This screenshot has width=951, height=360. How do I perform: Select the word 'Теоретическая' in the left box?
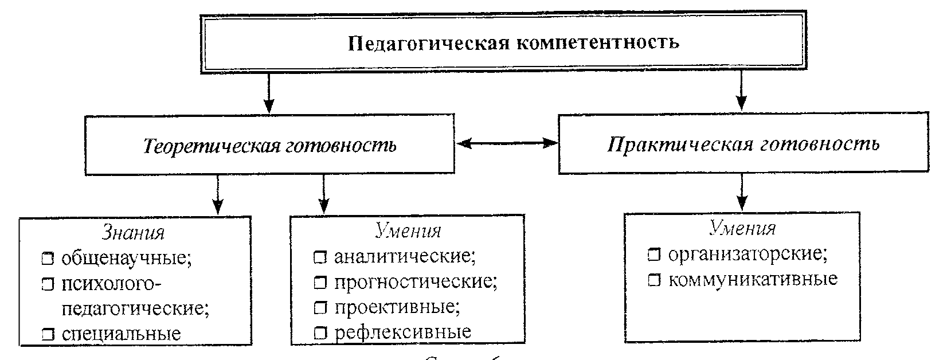pyautogui.click(x=213, y=146)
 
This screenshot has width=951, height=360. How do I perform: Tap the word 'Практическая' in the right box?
pyautogui.click(x=679, y=143)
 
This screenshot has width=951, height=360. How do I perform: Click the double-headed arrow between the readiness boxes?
pyautogui.click(x=507, y=143)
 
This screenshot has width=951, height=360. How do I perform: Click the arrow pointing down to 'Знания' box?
pyautogui.click(x=217, y=195)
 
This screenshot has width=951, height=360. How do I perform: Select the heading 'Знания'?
pyautogui.click(x=133, y=233)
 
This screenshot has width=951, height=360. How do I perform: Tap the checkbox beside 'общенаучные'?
pyautogui.click(x=48, y=259)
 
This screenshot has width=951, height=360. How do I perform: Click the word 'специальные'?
pyautogui.click(x=121, y=333)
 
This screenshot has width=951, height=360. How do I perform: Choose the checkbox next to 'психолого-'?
pyautogui.click(x=48, y=284)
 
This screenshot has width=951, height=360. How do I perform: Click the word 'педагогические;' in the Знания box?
pyautogui.click(x=135, y=308)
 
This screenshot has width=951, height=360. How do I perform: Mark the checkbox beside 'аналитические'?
pyautogui.click(x=319, y=257)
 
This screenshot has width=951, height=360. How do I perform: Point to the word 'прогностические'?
pyautogui.click(x=416, y=282)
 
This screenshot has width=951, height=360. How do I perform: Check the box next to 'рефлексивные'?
pyautogui.click(x=319, y=332)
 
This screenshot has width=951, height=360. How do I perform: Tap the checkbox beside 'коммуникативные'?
pyautogui.click(x=653, y=280)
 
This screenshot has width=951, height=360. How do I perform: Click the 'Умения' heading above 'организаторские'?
pyautogui.click(x=742, y=229)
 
